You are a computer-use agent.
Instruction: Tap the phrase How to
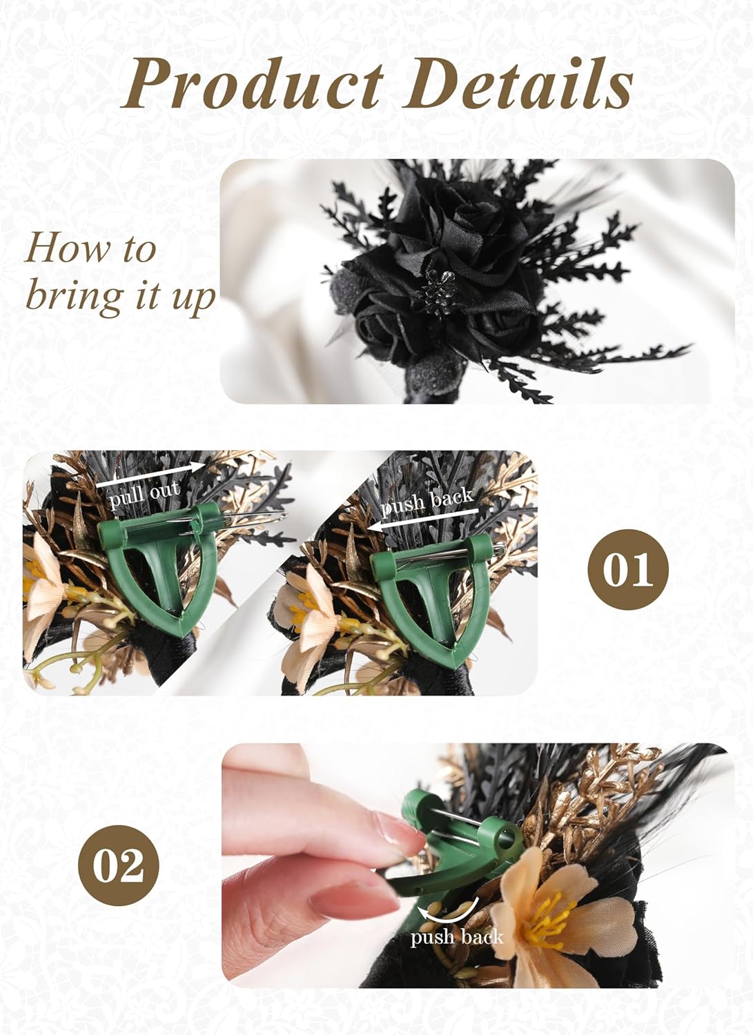(x=90, y=248)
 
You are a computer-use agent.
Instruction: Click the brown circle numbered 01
(x=627, y=569)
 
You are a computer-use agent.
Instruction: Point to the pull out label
(x=144, y=495)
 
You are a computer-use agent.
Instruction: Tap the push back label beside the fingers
(x=456, y=937)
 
